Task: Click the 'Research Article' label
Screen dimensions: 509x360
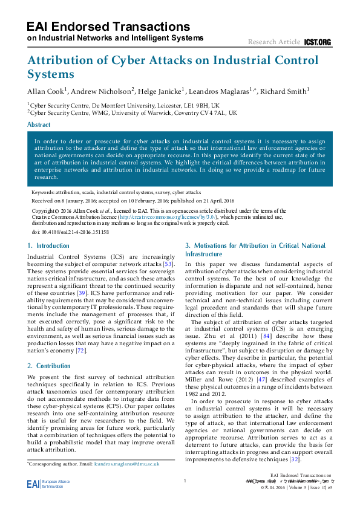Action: pos(274,42)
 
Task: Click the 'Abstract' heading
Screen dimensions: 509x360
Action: pos(39,125)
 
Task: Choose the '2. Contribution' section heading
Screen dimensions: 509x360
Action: pos(49,366)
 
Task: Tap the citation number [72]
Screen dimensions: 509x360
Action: pos(80,351)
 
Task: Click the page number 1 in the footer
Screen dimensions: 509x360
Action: pos(183,481)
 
